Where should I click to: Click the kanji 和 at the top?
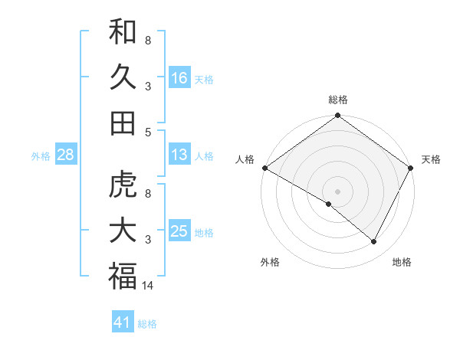coord(123,33)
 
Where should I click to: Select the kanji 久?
coord(123,77)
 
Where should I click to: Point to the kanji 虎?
coord(123,186)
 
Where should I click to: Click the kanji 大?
coord(123,231)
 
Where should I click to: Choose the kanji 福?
coord(123,277)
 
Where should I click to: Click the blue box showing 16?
coord(179,78)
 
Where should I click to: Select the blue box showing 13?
coord(179,155)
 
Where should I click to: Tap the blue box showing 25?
coord(179,231)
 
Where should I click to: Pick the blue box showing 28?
coord(65,155)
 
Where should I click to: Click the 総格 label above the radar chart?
coord(337,100)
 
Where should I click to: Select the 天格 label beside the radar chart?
coord(432,159)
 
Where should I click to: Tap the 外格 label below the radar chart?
coord(270,262)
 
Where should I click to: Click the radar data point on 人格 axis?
coord(264,168)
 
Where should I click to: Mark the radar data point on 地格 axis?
coord(374,242)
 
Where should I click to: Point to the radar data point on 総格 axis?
coord(337,116)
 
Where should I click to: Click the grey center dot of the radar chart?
coord(337,191)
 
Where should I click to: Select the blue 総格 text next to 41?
coord(147,324)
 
